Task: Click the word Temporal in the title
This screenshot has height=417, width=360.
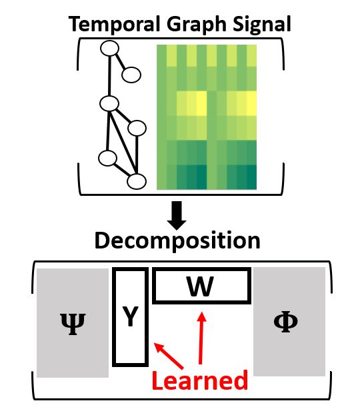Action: tap(114, 25)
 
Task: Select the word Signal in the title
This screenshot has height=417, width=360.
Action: tap(262, 25)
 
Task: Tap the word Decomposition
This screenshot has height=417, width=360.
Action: tap(177, 241)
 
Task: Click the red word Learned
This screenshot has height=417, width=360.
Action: tap(200, 380)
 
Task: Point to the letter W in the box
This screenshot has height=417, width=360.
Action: tap(200, 286)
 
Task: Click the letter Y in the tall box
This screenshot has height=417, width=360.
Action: tap(131, 316)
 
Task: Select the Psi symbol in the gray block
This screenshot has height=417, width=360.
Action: tap(73, 324)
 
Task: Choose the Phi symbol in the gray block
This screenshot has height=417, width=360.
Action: tap(286, 322)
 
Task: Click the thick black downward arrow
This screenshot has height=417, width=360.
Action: tap(177, 215)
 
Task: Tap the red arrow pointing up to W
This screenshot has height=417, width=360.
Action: tap(201, 338)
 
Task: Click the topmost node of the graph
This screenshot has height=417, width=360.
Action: tap(109, 48)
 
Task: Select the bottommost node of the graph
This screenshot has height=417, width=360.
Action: tap(137, 181)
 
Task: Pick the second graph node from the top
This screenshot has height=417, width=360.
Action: tap(131, 75)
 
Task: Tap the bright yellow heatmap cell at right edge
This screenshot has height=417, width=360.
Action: tap(252, 103)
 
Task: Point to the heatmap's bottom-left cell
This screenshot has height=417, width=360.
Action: tap(161, 177)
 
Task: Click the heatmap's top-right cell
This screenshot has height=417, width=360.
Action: tap(252, 55)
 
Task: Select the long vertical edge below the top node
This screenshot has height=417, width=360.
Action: tap(109, 76)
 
